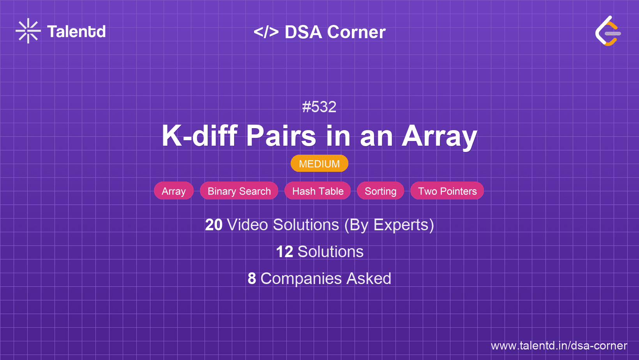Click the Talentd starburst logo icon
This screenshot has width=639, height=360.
(x=28, y=31)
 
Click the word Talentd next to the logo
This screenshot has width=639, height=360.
(x=76, y=32)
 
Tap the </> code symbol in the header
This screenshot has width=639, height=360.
(x=266, y=32)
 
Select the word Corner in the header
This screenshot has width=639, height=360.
(x=356, y=32)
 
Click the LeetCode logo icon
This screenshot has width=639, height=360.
(x=608, y=31)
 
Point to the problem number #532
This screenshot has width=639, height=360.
(x=319, y=107)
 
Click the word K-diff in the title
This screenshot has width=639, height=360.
(x=199, y=136)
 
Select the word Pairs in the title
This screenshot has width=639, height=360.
(x=281, y=136)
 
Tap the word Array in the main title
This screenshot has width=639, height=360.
(x=439, y=136)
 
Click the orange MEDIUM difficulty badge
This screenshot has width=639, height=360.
(x=319, y=164)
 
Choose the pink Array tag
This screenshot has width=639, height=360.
(x=174, y=191)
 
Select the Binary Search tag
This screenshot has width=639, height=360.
(x=239, y=191)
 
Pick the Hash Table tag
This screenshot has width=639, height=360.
(x=318, y=191)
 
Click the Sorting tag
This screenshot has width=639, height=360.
(x=380, y=191)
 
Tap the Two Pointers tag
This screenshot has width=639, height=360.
(x=447, y=191)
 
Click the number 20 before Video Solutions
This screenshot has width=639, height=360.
(x=214, y=225)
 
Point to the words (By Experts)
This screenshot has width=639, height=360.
(x=389, y=225)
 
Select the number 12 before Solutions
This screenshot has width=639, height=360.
(x=284, y=252)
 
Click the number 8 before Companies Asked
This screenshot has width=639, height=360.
(x=252, y=279)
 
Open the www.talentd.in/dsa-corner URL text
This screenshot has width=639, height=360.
(x=559, y=346)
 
